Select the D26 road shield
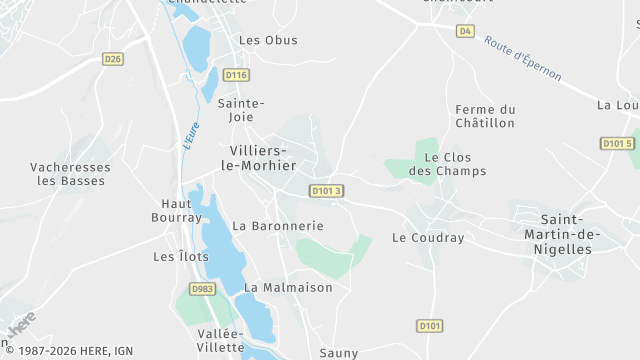coord(113,60)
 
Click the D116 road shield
coord(236,75)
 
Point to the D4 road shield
coord(465,31)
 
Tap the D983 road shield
coord(203,289)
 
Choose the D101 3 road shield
coord(326,191)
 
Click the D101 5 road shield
coord(618,144)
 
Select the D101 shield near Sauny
coord(429,326)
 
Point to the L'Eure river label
coord(189,136)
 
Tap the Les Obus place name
coord(268,40)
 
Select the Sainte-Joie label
coord(241,110)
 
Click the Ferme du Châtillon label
coord(484,116)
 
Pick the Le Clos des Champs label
coord(454,164)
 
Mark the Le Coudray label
coord(428,238)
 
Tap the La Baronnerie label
coord(278,226)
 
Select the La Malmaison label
coord(288,287)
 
